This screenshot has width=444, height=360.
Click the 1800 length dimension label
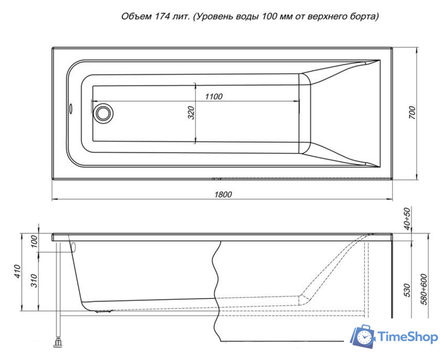223,195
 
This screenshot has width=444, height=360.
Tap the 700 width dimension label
411,113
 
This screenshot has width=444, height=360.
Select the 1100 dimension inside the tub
214,96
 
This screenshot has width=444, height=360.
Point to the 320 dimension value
191,112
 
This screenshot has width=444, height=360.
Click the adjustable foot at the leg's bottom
58,341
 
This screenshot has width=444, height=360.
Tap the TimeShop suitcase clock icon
363,336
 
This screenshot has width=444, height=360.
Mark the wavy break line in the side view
217,287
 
